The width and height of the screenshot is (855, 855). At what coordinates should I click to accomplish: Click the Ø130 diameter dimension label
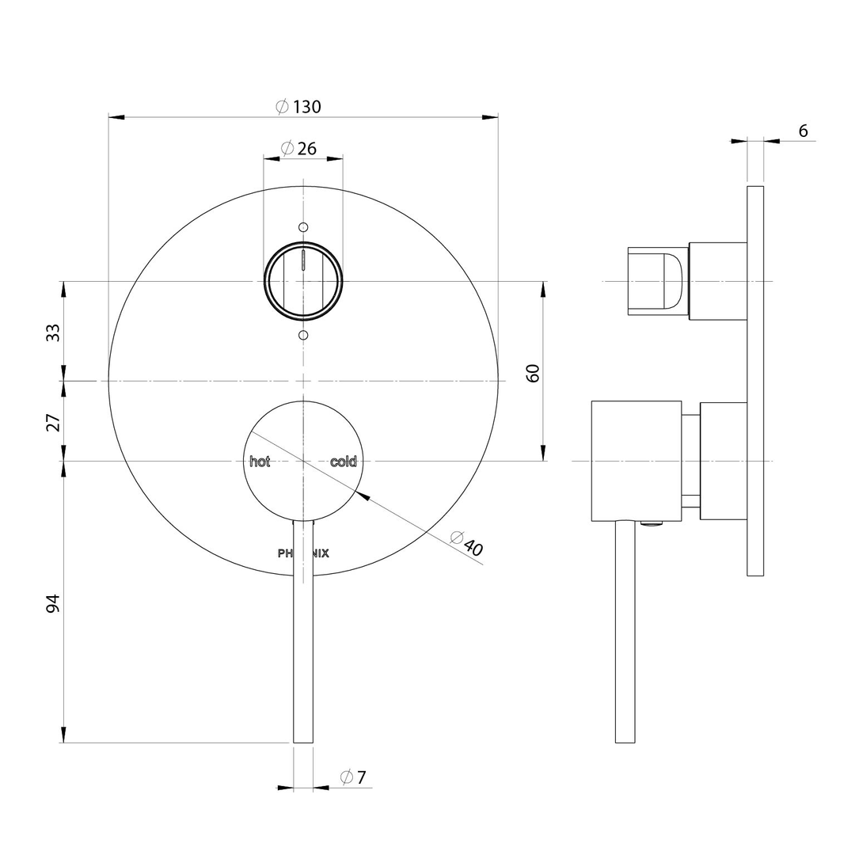298,107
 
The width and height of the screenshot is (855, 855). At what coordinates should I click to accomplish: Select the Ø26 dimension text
298,148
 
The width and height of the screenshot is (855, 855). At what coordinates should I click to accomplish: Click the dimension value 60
533,373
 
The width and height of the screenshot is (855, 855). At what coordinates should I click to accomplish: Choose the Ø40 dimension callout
466,543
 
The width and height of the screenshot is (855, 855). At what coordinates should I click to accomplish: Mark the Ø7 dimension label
353,777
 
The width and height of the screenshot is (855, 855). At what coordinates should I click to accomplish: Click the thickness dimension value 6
803,131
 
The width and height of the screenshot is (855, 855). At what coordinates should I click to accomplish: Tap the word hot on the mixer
260,462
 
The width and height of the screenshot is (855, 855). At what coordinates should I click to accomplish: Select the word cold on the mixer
344,462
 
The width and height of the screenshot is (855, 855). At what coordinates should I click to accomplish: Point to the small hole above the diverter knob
302,227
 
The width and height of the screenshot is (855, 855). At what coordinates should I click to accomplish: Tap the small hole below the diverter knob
302,336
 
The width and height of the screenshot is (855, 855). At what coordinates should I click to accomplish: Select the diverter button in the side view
657,281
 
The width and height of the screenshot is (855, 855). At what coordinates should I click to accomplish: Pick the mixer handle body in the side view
636,461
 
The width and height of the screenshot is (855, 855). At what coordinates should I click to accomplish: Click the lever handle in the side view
625,633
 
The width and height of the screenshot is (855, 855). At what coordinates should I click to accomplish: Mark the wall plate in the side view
755,381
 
